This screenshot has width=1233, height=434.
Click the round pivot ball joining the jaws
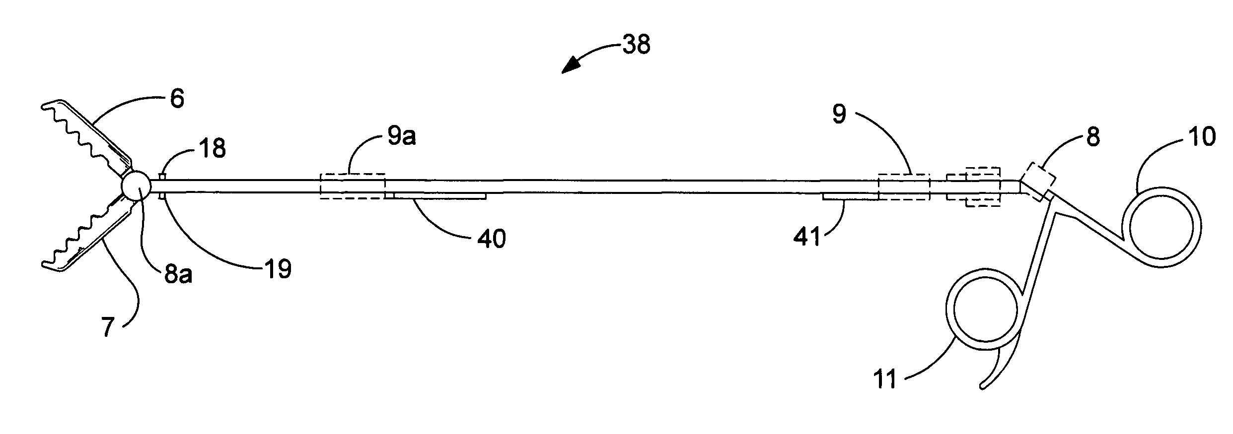137,186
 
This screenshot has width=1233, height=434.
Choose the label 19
279,269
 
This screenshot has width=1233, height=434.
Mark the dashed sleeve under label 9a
353,186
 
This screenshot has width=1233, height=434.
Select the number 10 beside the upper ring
1201,136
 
